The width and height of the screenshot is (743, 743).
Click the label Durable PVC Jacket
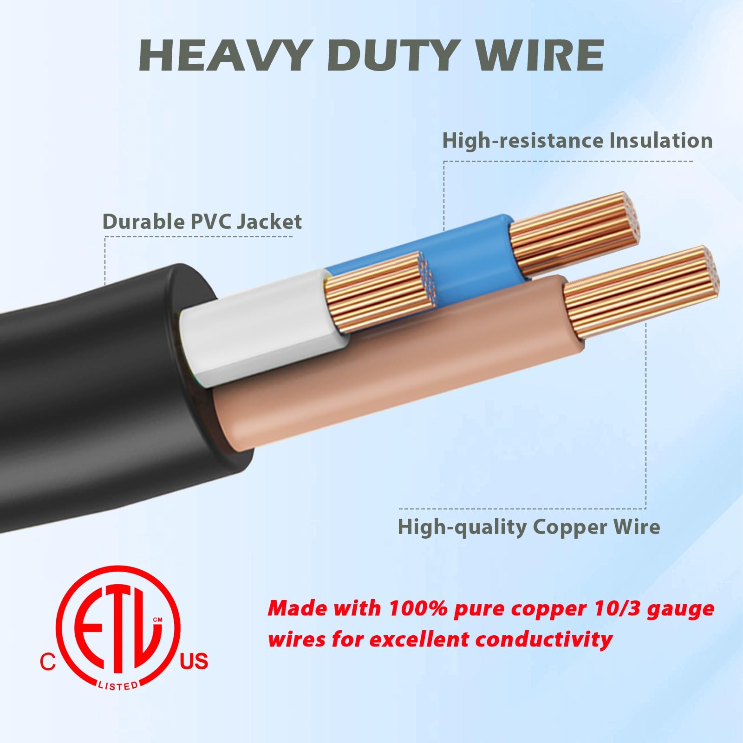(x=202, y=222)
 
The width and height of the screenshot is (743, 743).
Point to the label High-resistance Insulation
(x=577, y=140)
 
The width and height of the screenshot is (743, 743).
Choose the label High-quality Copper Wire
(x=528, y=527)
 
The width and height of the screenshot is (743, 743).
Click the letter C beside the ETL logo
(x=47, y=662)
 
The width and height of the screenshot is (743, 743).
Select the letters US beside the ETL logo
(x=194, y=661)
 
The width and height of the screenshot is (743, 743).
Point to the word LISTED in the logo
(x=118, y=685)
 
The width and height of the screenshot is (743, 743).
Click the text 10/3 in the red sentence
(x=615, y=608)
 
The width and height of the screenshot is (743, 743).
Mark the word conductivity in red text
(x=544, y=639)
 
